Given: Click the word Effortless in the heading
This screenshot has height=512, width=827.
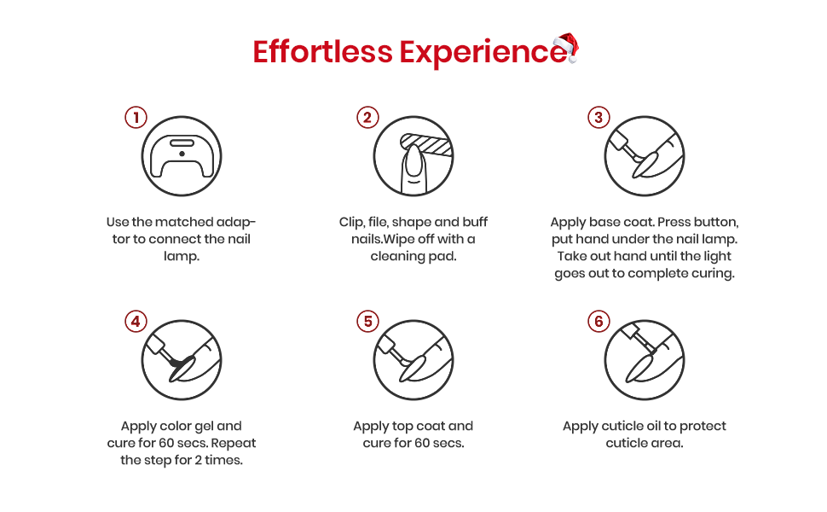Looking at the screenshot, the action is coord(323,52).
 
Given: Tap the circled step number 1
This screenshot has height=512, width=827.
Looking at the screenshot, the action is coord(136,117).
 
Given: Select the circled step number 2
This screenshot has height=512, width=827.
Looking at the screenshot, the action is coord(367,117).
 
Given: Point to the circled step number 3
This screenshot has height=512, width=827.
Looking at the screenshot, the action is coord(599,117).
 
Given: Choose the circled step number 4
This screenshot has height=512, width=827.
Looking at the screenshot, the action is coord(136,321).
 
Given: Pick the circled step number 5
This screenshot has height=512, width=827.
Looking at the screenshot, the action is coord(367,321).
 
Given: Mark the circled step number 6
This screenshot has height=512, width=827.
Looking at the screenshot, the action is coord(599,321).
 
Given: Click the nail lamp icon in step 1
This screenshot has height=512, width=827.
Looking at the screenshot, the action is coord(182,156).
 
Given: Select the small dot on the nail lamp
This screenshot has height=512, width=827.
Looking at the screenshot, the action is coord(182,154).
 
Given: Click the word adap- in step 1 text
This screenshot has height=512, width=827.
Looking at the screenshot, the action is coord(236,222).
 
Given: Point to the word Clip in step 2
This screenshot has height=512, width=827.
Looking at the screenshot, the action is coord(350,222).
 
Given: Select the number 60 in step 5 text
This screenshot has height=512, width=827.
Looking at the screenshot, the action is coord(422,443).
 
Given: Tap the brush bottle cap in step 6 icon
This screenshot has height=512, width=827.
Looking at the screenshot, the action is coord(628,331).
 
